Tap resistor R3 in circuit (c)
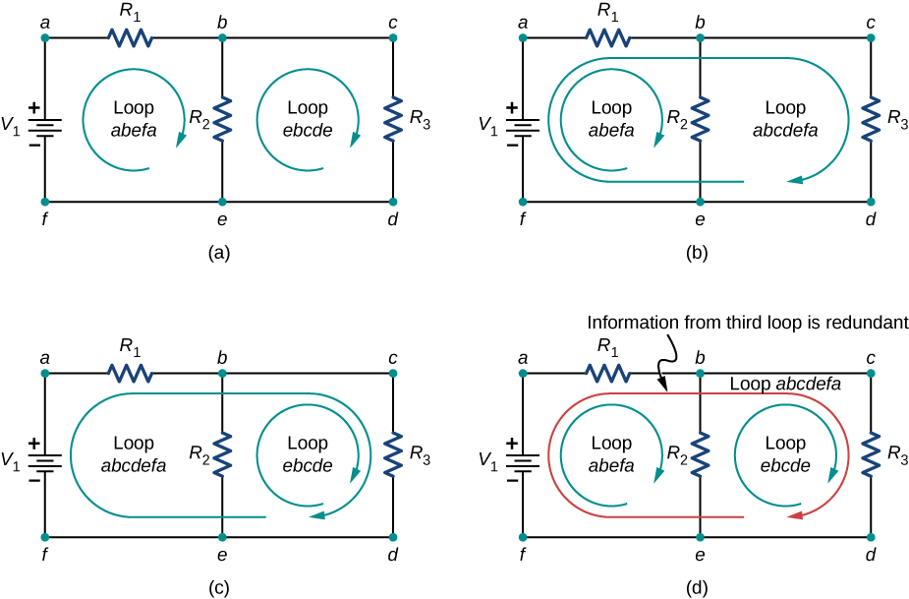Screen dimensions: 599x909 point(392,455)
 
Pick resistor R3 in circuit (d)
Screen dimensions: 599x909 point(870,455)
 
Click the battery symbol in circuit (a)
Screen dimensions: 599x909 point(45,126)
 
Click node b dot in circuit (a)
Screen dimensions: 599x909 point(223,38)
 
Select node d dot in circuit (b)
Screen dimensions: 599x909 point(870,202)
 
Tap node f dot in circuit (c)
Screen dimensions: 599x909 point(45,537)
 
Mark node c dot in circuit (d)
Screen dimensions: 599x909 point(870,374)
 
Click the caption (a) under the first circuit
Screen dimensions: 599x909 point(220,253)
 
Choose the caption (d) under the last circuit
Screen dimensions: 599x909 point(698,588)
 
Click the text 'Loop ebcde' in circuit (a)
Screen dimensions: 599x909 point(307,118)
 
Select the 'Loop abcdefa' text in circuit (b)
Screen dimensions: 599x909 point(784,118)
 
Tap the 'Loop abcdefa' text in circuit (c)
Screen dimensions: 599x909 point(134,453)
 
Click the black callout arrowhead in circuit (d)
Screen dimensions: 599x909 point(665,388)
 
